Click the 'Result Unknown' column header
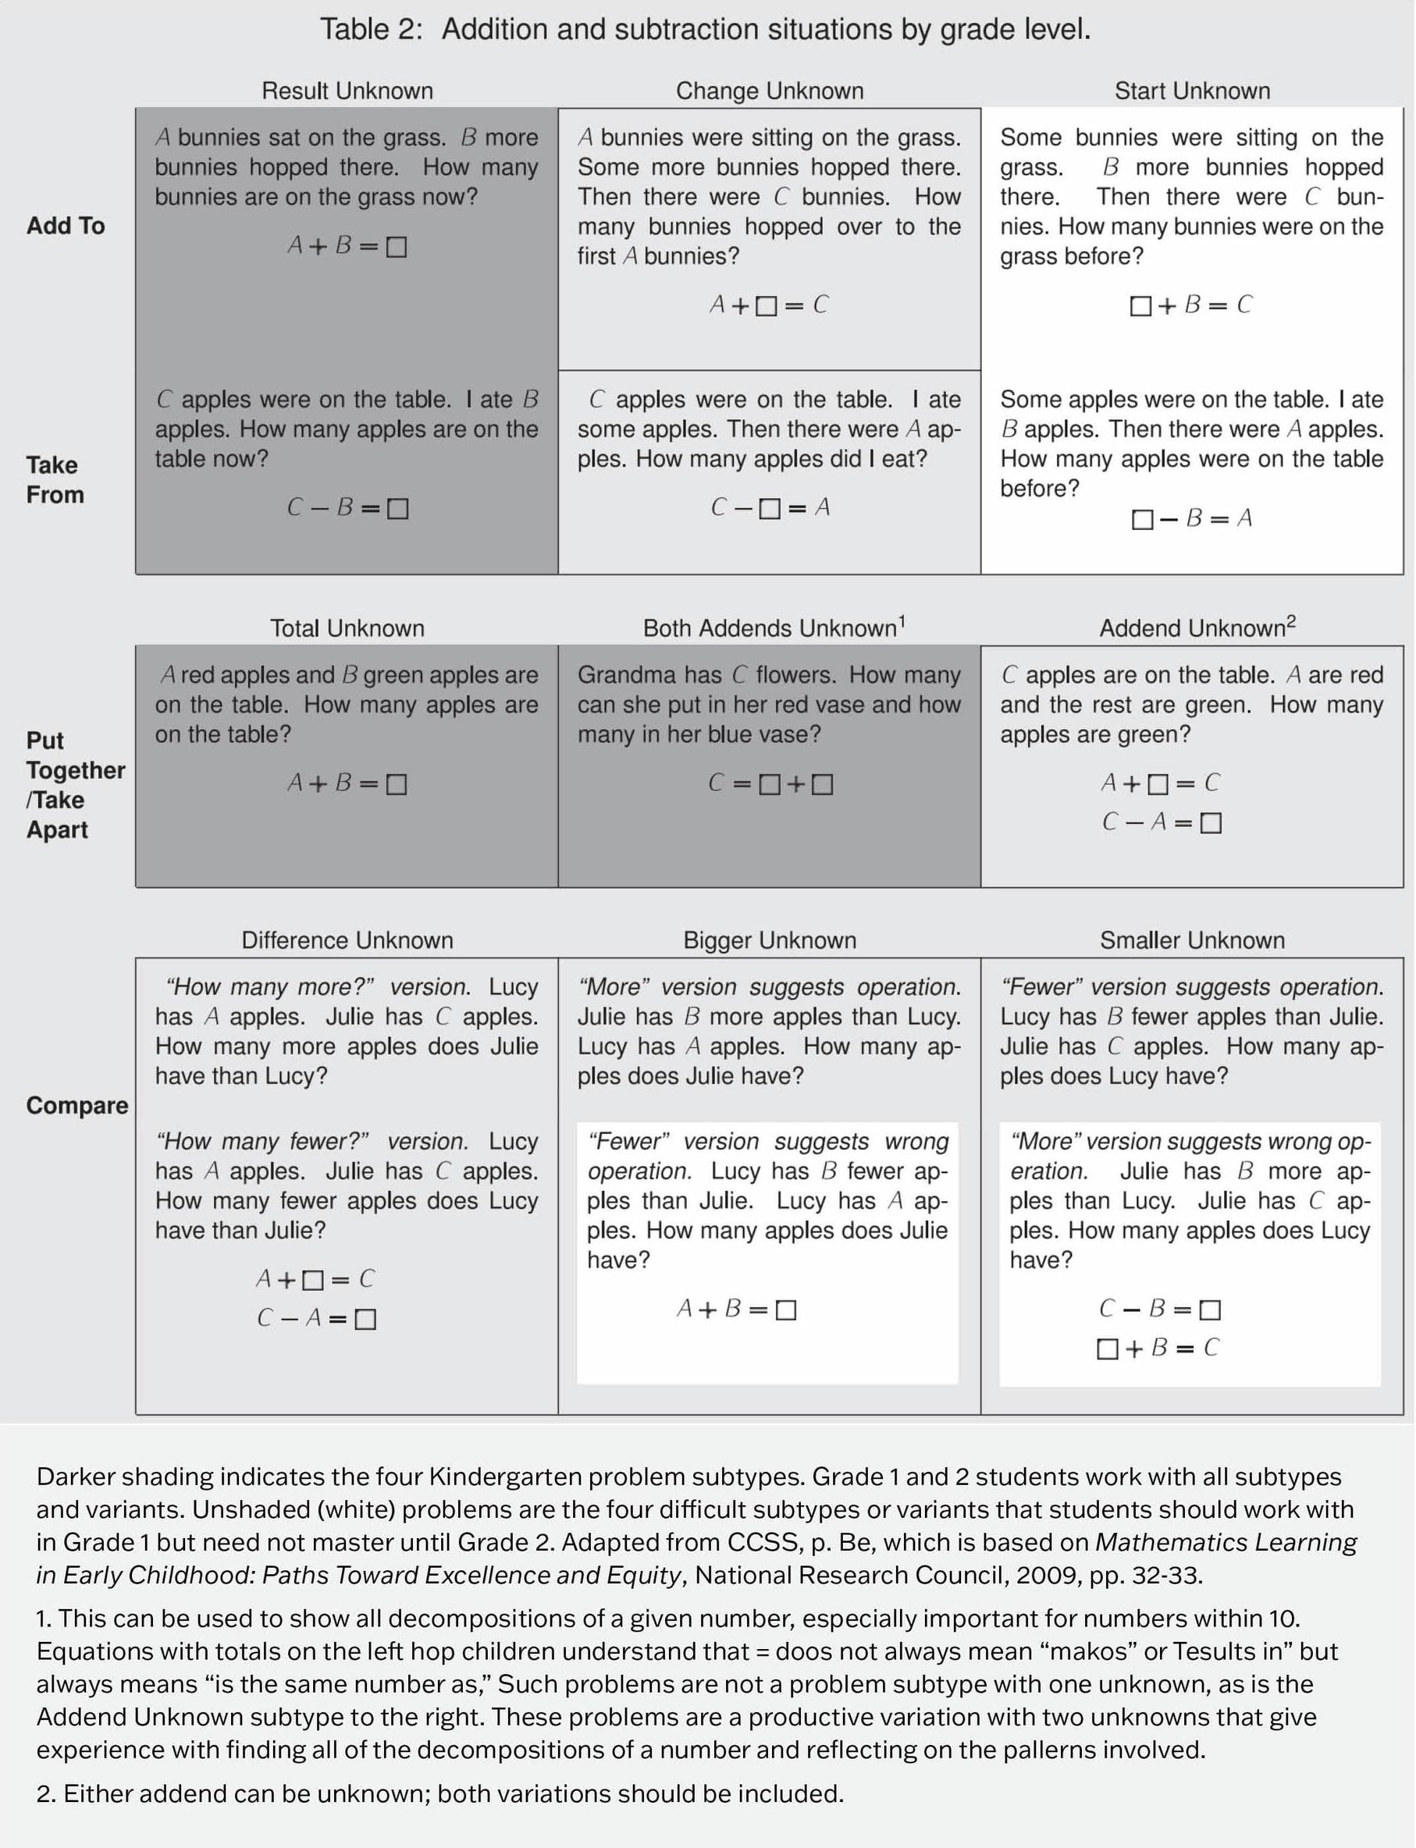(347, 91)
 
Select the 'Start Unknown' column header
(1192, 91)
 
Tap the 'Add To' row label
(66, 226)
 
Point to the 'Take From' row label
(54, 479)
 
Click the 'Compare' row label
(76, 1106)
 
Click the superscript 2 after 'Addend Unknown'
(1291, 623)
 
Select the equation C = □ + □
(770, 784)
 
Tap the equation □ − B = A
(1192, 518)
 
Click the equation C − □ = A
(770, 507)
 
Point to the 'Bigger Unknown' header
(770, 940)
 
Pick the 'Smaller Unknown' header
(1192, 940)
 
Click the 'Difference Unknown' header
(347, 940)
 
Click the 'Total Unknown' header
(347, 629)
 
